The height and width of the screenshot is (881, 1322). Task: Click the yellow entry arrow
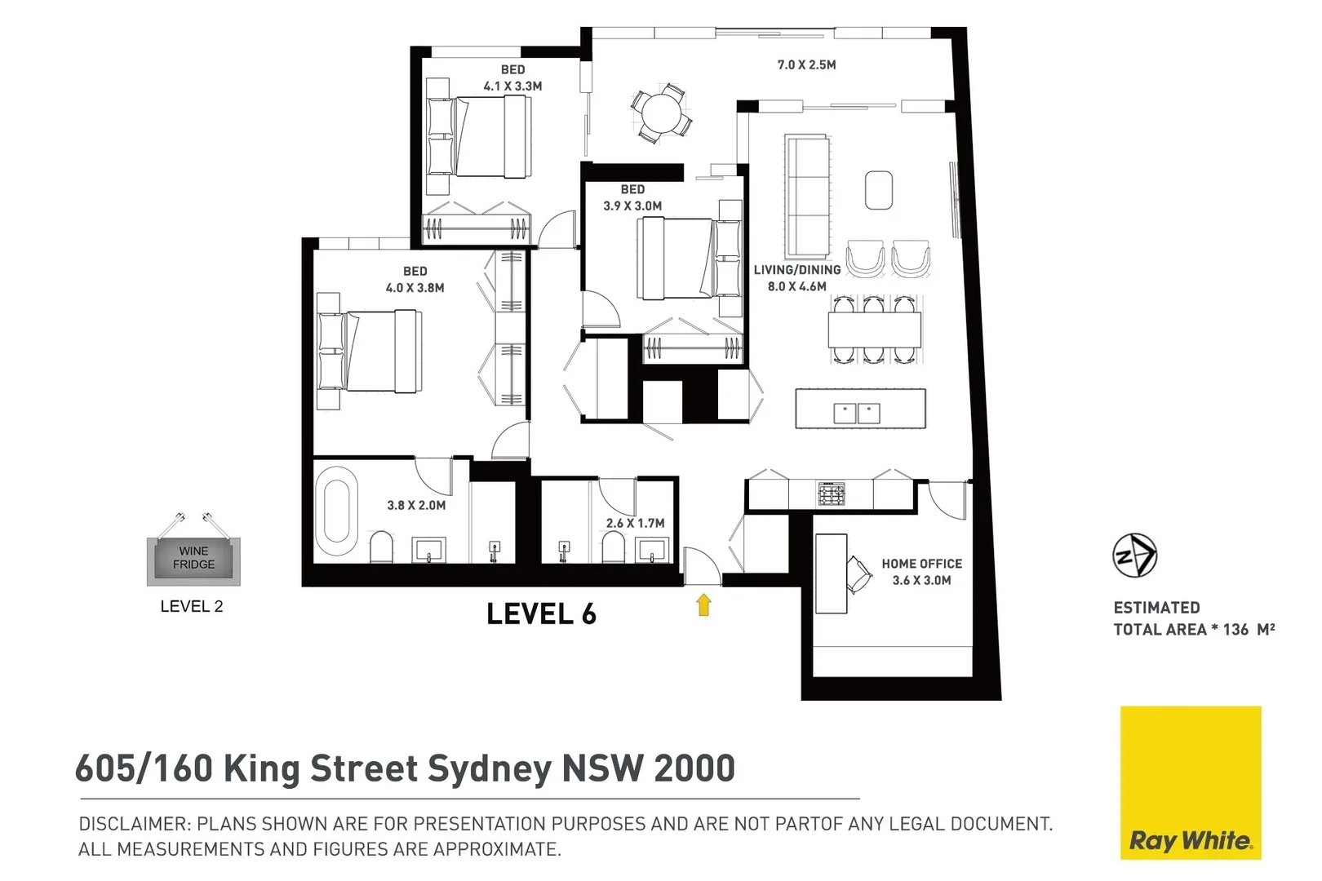click(x=703, y=604)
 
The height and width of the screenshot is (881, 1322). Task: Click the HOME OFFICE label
click(x=921, y=564)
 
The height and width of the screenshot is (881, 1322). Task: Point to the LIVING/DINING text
click(x=796, y=270)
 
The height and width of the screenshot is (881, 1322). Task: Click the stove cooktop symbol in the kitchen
click(x=831, y=494)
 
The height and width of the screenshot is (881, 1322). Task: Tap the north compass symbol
click(x=1134, y=556)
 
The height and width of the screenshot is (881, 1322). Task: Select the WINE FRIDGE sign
click(x=193, y=558)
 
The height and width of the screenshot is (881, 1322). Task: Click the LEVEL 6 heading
click(x=541, y=614)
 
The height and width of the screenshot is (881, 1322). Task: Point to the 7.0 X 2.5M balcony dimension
click(x=806, y=64)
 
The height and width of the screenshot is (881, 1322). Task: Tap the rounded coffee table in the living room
click(x=879, y=189)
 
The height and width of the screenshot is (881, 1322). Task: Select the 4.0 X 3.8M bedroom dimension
click(x=415, y=288)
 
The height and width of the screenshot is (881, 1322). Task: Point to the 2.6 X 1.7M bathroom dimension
click(x=635, y=523)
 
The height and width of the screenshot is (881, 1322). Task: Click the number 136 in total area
click(x=1235, y=630)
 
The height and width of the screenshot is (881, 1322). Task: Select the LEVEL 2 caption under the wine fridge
click(x=191, y=606)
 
